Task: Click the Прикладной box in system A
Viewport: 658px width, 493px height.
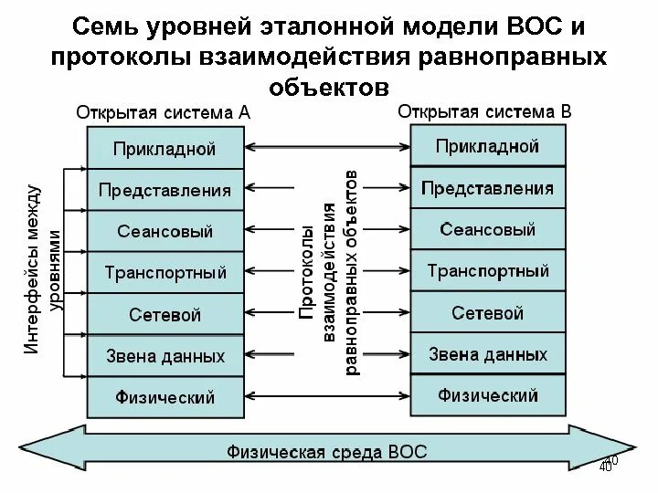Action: click(x=164, y=148)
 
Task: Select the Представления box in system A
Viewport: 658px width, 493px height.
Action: click(x=164, y=190)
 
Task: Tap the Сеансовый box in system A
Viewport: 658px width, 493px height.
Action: click(x=164, y=231)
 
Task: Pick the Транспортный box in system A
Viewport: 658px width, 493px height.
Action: click(x=164, y=272)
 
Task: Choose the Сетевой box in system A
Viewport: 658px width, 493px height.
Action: click(x=164, y=315)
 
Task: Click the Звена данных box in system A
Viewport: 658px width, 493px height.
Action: click(x=164, y=356)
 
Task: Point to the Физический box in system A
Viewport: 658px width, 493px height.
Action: click(x=164, y=397)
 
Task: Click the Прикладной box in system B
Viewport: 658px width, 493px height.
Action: click(x=487, y=146)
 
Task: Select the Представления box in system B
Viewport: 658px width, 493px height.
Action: click(x=487, y=189)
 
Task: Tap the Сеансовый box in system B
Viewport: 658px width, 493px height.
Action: click(x=487, y=230)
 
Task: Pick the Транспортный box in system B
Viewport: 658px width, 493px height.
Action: click(x=487, y=271)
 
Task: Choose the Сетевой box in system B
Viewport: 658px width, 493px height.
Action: click(x=487, y=313)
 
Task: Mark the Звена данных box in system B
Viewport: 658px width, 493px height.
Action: click(x=487, y=354)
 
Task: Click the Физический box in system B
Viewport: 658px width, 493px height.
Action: click(x=487, y=395)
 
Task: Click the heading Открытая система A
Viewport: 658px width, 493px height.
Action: click(x=164, y=115)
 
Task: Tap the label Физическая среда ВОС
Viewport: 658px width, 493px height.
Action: click(x=327, y=452)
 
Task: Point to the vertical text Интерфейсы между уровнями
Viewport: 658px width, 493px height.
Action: click(x=44, y=269)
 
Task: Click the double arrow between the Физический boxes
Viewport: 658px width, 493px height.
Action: click(x=327, y=396)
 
